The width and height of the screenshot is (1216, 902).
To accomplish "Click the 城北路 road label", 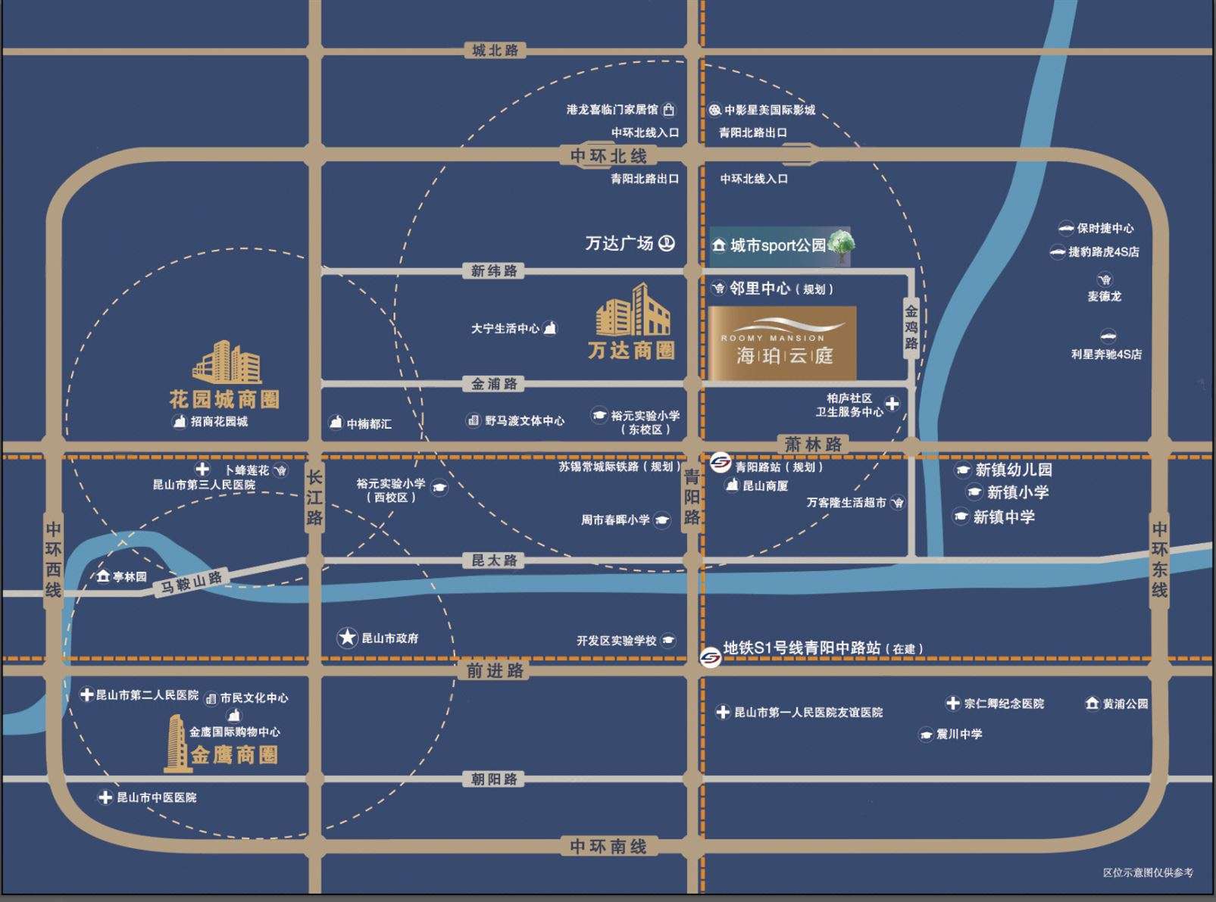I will (x=495, y=51).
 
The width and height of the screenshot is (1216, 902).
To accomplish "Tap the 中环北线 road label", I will (x=608, y=156).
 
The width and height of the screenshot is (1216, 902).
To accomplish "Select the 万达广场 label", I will (x=619, y=243).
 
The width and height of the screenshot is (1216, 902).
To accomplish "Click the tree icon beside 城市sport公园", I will (x=842, y=245).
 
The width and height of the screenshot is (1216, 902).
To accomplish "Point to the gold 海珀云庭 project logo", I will (x=783, y=343).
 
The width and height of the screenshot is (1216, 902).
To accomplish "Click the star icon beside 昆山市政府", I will (x=347, y=638).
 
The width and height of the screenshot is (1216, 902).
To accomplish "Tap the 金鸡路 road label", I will (x=911, y=327).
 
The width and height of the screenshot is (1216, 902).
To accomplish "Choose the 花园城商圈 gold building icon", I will (x=227, y=363).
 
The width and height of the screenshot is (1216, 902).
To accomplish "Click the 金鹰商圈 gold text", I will (x=234, y=755).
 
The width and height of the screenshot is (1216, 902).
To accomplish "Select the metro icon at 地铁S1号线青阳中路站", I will (x=710, y=658).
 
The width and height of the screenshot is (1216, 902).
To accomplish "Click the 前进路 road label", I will (x=495, y=670).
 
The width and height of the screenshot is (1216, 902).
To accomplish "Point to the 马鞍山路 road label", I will (x=192, y=582).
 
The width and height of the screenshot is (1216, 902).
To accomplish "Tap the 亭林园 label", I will (x=130, y=577).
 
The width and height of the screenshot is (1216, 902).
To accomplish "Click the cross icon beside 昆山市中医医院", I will (x=105, y=797).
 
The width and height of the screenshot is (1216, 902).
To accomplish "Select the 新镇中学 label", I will (x=1003, y=517).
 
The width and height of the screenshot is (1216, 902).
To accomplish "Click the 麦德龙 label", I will (x=1104, y=296).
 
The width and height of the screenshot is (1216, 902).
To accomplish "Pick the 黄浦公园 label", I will (x=1125, y=704).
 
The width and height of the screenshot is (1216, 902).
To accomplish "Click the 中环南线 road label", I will (x=608, y=846).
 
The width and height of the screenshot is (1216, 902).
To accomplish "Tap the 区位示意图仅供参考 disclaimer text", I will (x=1148, y=873).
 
